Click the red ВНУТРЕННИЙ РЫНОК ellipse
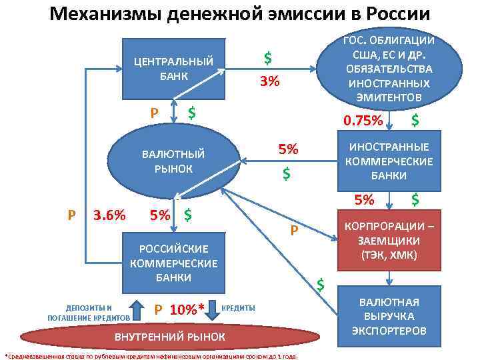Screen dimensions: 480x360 tap(171, 336)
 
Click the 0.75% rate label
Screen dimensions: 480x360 tap(362, 121)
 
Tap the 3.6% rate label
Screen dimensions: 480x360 tap(109, 215)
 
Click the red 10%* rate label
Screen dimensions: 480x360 tap(187, 309)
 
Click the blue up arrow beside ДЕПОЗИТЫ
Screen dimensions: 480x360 tap(135, 310)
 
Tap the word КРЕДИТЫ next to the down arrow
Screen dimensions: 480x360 tap(237, 308)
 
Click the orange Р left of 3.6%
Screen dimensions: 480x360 tap(72, 215)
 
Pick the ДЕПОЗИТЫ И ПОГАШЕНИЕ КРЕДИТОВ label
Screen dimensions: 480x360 tap(89, 312)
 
